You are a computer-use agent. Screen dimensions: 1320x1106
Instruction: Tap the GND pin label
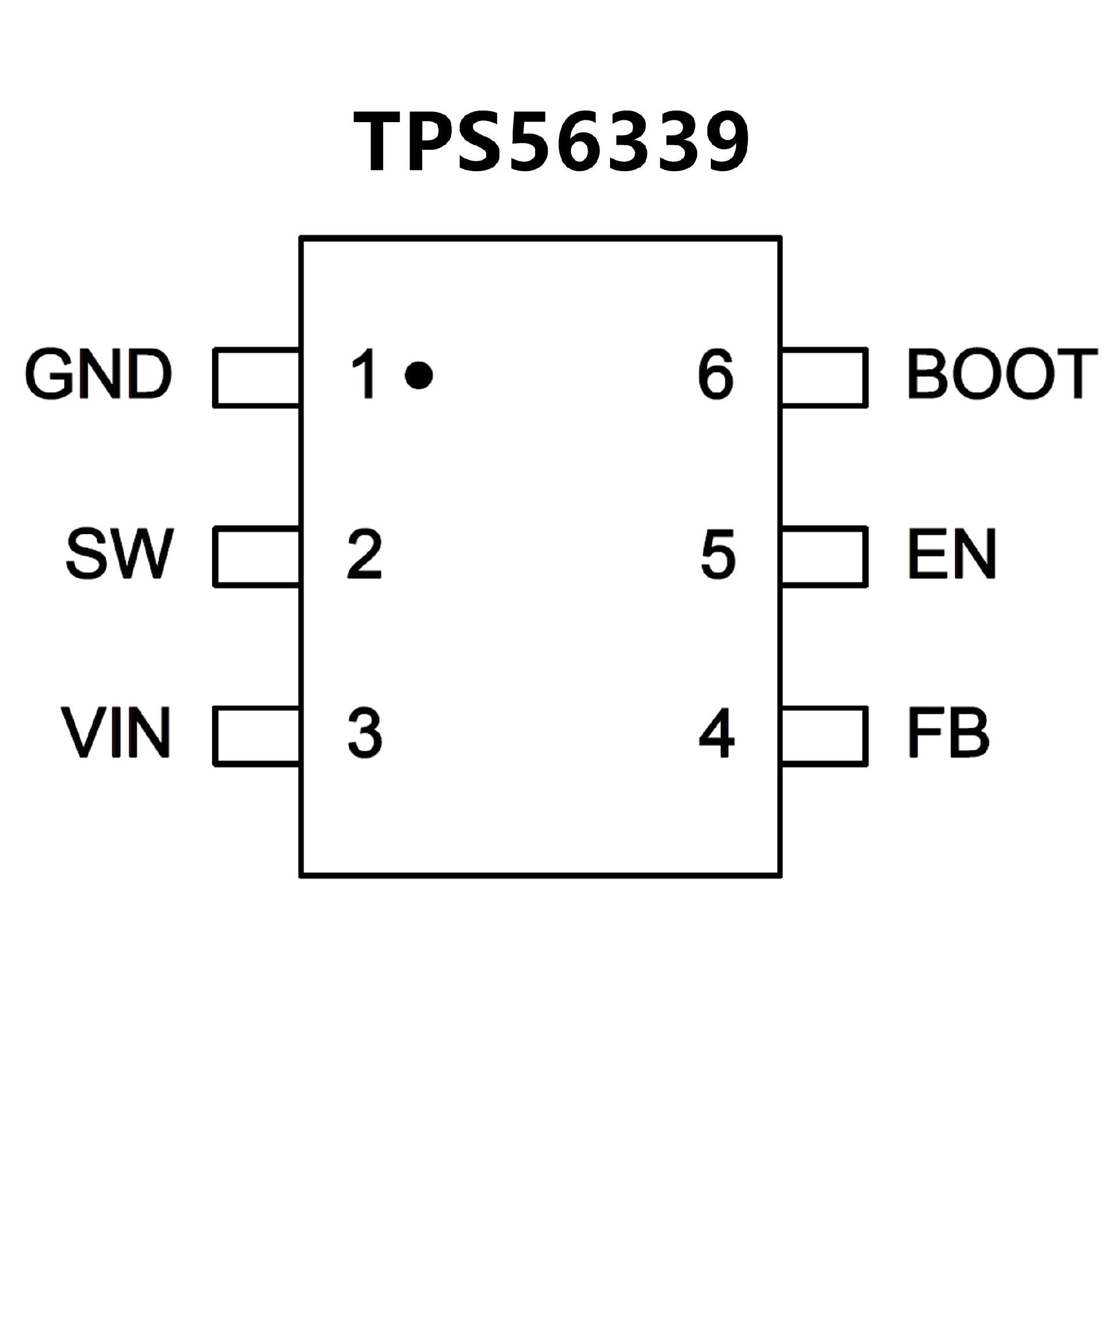[98, 375]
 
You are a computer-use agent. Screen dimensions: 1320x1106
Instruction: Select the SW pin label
[119, 554]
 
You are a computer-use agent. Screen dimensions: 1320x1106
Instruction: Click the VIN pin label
[116, 733]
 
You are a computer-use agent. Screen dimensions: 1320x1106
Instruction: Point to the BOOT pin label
[1002, 375]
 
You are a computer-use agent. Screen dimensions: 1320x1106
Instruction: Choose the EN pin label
[952, 554]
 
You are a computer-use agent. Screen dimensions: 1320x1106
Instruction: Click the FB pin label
[948, 733]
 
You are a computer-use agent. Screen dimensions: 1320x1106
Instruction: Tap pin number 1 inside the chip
[365, 375]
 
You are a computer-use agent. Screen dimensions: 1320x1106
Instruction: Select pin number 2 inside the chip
[365, 554]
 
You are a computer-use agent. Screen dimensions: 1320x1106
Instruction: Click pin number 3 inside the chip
[365, 733]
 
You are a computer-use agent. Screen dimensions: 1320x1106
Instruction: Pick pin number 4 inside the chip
[717, 733]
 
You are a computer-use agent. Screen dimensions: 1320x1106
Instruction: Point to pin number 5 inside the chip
[718, 554]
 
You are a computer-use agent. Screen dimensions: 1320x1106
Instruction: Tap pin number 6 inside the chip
[716, 375]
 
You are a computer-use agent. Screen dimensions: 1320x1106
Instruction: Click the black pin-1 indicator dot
[419, 375]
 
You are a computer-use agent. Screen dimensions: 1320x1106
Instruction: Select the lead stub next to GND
[257, 377]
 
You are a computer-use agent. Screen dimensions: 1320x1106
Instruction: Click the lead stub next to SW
[257, 556]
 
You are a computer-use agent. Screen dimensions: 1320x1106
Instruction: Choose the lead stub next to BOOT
[824, 377]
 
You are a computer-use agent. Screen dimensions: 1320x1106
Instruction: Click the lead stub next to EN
[824, 556]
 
